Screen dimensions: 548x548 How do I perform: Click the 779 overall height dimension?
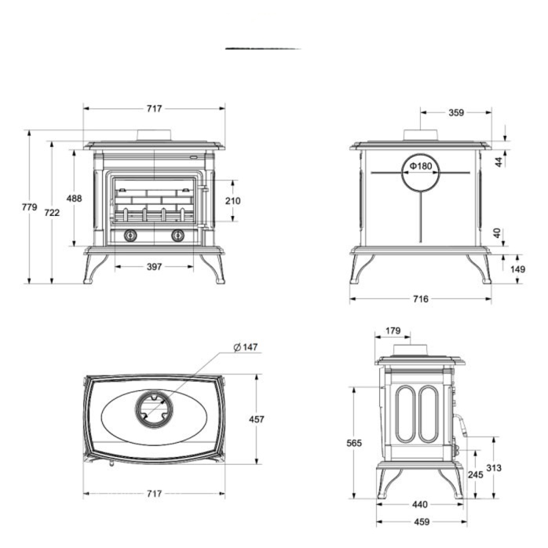point(29,207)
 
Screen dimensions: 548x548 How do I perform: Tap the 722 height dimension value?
point(52,213)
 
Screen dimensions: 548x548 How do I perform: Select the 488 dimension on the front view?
point(74,199)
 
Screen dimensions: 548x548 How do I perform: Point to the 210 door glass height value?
point(232,201)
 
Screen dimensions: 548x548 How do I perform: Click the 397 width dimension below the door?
point(154,267)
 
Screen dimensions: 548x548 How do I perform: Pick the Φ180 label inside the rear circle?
point(421,166)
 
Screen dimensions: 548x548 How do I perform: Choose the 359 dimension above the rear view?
point(456,112)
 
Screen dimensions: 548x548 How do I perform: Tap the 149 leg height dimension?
point(517,269)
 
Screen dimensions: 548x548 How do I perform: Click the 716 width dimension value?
point(421,299)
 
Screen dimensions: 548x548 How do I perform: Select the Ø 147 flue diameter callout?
point(245,347)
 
